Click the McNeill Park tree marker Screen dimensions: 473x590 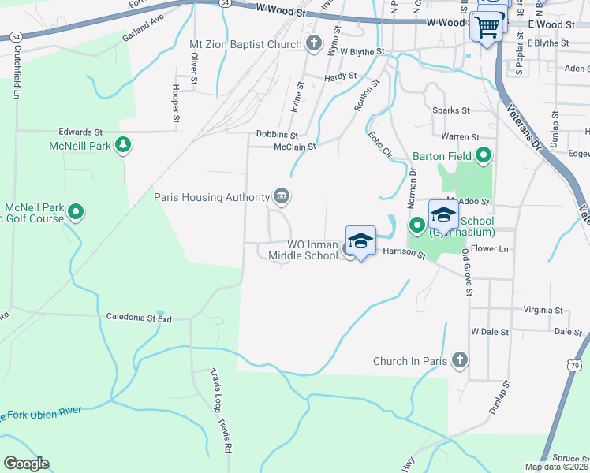tap(122, 144)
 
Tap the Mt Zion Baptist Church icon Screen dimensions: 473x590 tap(313, 44)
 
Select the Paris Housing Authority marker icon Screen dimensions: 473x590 tap(281, 196)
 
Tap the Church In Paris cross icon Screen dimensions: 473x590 tap(461, 361)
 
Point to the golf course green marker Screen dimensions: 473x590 tap(76, 211)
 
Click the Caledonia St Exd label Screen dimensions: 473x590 tap(139, 317)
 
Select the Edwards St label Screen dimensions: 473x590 tap(80, 132)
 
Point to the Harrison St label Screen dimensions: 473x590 tap(404, 254)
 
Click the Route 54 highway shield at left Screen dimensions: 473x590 tap(15, 36)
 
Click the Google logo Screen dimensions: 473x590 tap(26, 464)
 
